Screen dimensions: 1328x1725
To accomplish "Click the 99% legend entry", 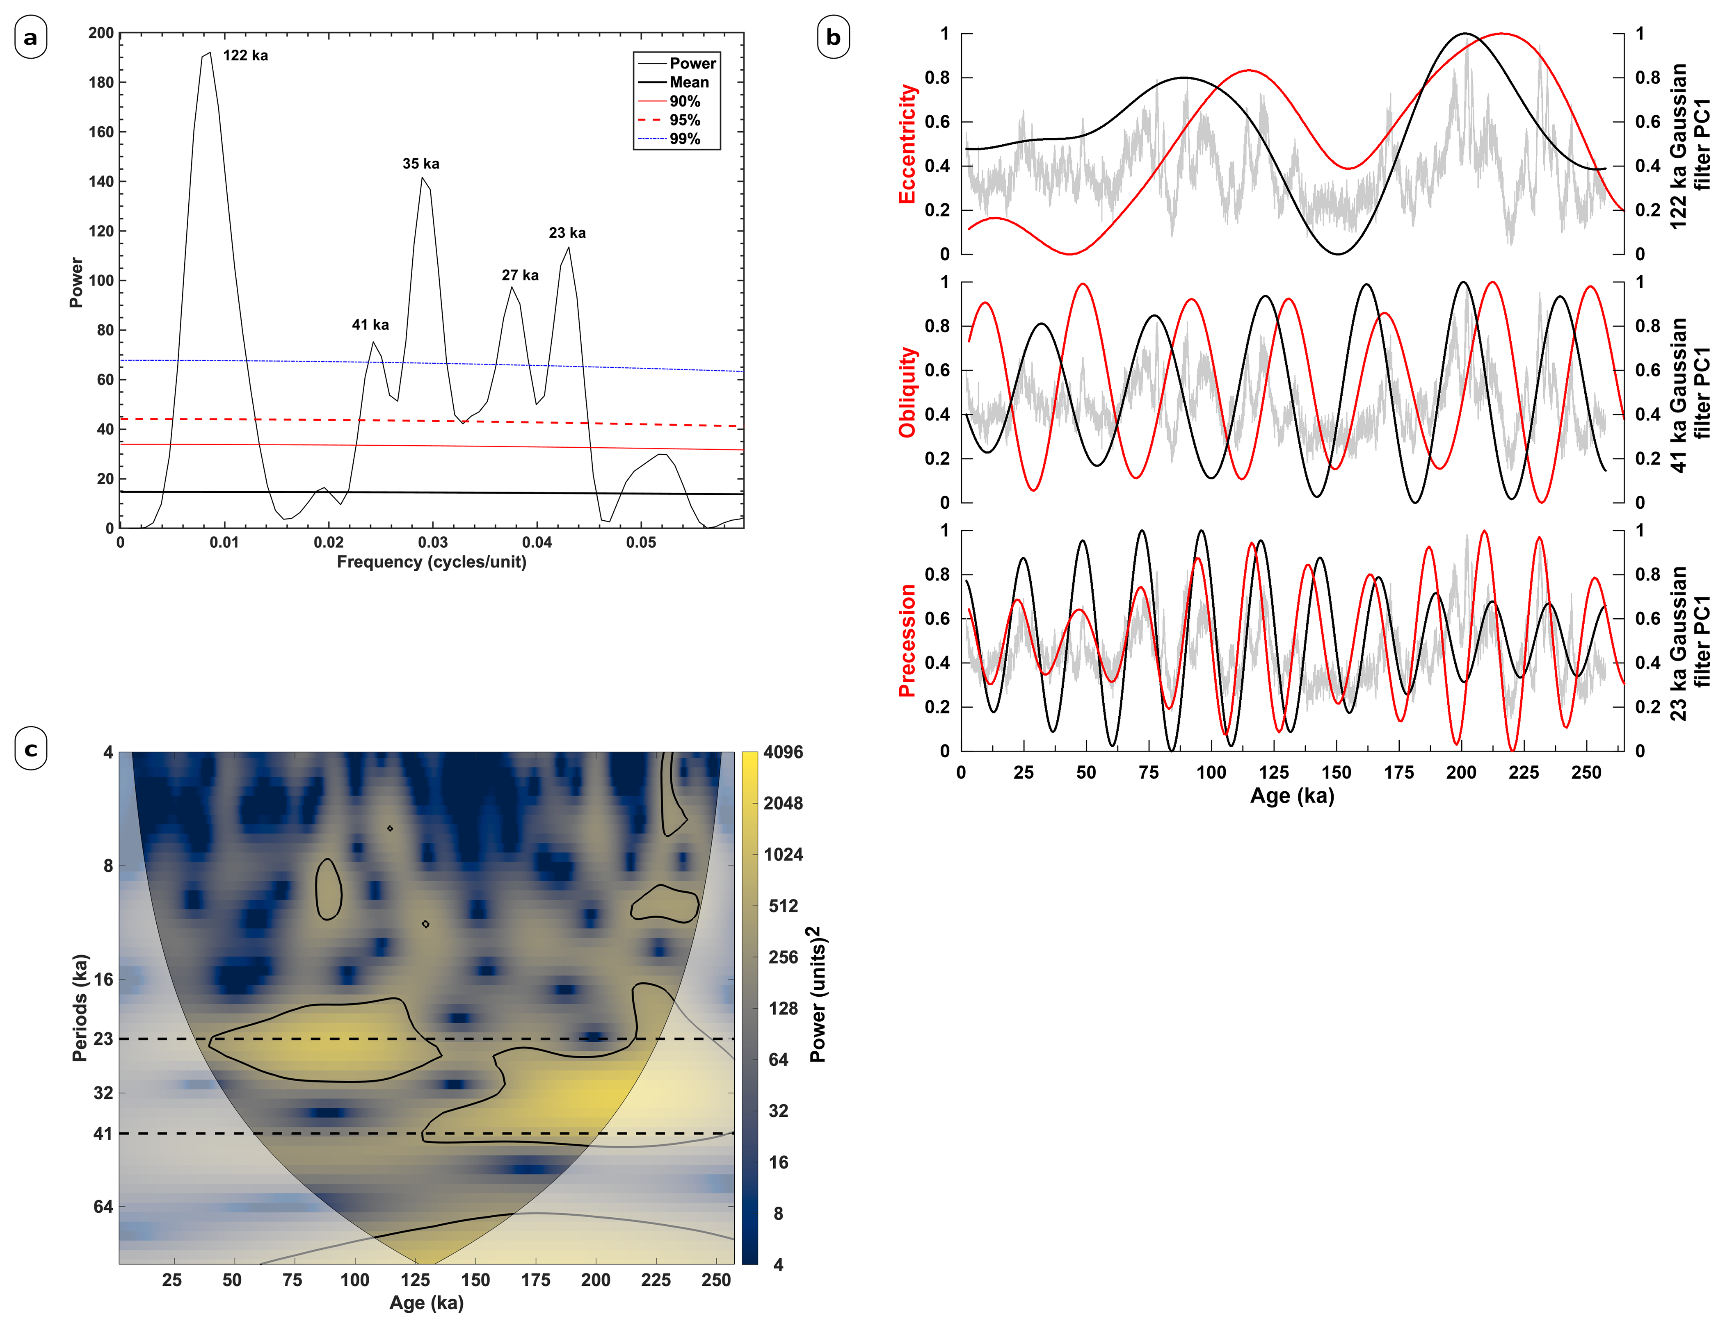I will [x=684, y=139].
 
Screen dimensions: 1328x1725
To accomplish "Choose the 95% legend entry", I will [x=684, y=120].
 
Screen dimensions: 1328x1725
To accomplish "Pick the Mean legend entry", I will [x=689, y=82].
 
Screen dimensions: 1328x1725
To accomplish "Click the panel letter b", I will [x=833, y=37].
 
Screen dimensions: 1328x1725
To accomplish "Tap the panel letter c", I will [x=31, y=749].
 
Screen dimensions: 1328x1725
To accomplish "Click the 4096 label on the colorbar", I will [x=783, y=752].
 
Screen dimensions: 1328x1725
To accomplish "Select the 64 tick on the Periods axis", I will [x=103, y=1206].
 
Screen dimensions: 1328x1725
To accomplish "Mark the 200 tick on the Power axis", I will [x=101, y=33].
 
